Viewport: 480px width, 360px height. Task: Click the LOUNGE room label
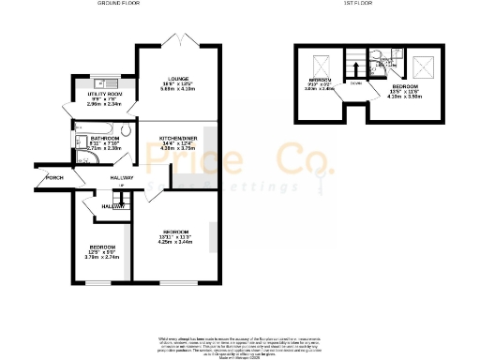click(178, 78)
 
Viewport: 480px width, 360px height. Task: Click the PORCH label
click(54, 177)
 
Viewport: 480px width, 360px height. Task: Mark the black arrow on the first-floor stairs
click(354, 69)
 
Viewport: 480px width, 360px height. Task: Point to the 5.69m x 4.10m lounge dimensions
click(178, 90)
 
